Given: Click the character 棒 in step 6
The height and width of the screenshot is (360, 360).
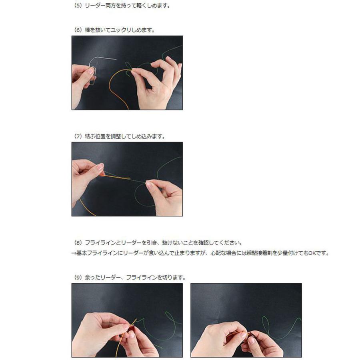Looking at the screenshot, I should pos(87,30).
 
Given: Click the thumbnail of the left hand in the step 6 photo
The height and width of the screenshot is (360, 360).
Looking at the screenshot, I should pos(91,72).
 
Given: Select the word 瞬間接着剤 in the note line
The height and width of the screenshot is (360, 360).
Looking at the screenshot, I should pos(260,253).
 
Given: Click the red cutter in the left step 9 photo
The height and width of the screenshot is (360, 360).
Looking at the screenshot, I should pos(130,329).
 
